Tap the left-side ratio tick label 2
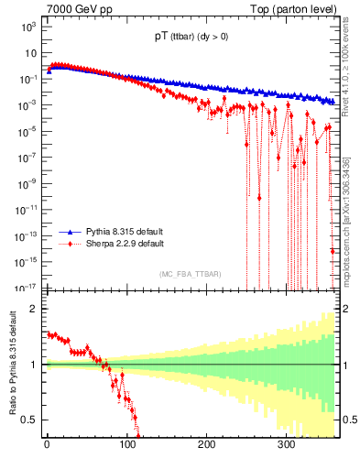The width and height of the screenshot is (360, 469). [x=33, y=309]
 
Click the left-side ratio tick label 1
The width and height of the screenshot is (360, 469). [x=33, y=365]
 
